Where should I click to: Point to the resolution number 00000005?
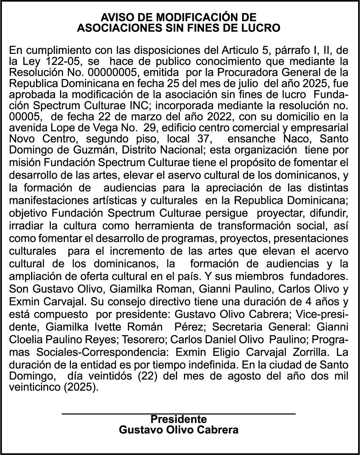click(114, 71)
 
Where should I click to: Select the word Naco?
click(281, 135)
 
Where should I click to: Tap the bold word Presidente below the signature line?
click(178, 419)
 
